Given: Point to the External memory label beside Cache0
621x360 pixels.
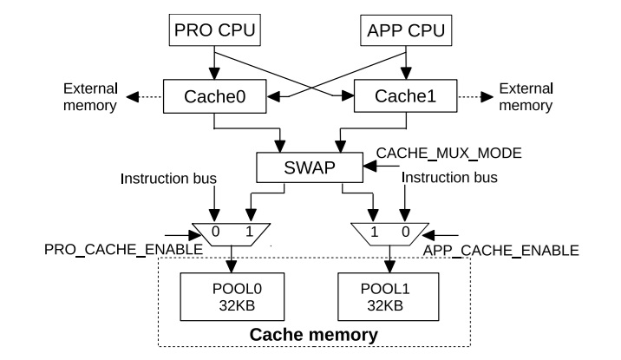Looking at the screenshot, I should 90,98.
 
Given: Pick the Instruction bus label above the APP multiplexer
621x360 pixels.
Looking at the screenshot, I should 448,179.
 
